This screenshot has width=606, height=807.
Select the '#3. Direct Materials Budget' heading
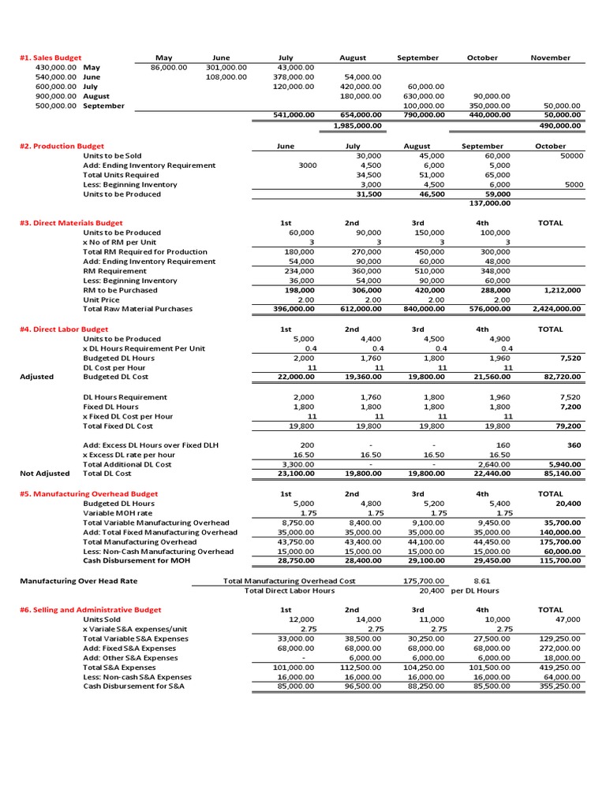[71, 223]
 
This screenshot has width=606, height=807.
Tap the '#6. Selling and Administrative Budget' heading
[91, 610]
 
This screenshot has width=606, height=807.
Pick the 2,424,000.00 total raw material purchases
[556, 309]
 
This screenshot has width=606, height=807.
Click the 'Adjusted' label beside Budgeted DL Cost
[37, 377]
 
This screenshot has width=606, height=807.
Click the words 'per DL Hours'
[475, 590]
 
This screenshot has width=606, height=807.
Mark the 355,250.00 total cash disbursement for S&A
[558, 686]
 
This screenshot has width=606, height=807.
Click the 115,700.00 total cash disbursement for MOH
[558, 560]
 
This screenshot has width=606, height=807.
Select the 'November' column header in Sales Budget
[551, 58]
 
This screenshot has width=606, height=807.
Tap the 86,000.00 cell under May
[168, 68]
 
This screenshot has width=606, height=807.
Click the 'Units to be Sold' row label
[112, 156]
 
